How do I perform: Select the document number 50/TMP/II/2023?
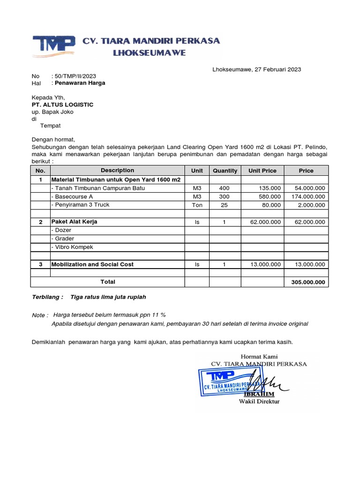(x=75, y=76)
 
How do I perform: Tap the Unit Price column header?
(x=262, y=171)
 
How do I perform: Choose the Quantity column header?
(x=225, y=171)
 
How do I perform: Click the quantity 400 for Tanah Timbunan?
(x=225, y=188)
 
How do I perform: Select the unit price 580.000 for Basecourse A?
(x=270, y=197)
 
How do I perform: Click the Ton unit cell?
(x=197, y=205)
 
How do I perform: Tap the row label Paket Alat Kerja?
(x=74, y=222)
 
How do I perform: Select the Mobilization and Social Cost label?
(x=92, y=264)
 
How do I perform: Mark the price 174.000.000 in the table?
(x=307, y=197)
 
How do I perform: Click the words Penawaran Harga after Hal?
(x=80, y=83)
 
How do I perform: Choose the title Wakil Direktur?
(x=259, y=402)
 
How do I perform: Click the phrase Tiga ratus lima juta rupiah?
(x=108, y=297)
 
